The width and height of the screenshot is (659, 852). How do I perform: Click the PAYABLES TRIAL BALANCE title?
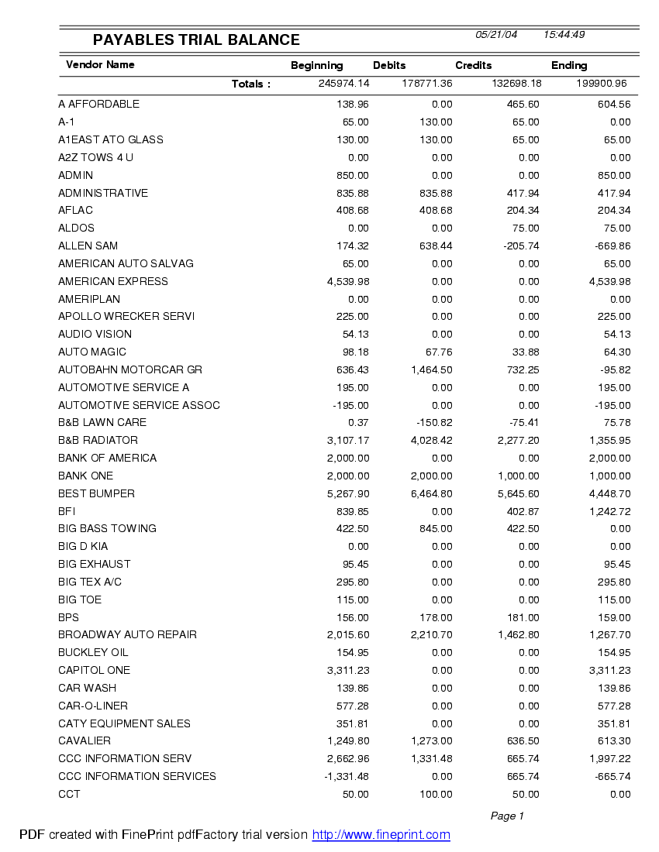click(x=196, y=40)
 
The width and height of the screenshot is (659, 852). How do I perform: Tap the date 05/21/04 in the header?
click(x=496, y=35)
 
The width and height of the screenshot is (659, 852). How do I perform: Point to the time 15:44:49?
click(x=564, y=35)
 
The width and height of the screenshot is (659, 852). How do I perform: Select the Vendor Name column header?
click(x=100, y=65)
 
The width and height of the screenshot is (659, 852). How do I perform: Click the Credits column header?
click(x=473, y=66)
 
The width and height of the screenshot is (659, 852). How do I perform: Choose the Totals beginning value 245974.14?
click(x=343, y=84)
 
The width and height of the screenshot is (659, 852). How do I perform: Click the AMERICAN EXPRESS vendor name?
click(x=113, y=281)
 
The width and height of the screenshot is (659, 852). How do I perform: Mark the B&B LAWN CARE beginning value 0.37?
click(x=358, y=423)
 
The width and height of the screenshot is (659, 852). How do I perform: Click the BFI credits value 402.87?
click(x=523, y=511)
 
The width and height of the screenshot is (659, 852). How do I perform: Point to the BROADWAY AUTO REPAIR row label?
click(x=127, y=635)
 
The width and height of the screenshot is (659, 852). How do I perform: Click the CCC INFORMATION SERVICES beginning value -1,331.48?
click(x=347, y=777)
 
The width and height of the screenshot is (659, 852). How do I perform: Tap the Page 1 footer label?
click(x=507, y=816)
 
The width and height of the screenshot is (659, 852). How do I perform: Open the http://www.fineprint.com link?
click(x=381, y=835)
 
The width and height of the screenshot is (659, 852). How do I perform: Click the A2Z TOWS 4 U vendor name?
click(x=95, y=158)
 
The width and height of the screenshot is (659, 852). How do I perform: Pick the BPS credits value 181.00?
click(x=523, y=618)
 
